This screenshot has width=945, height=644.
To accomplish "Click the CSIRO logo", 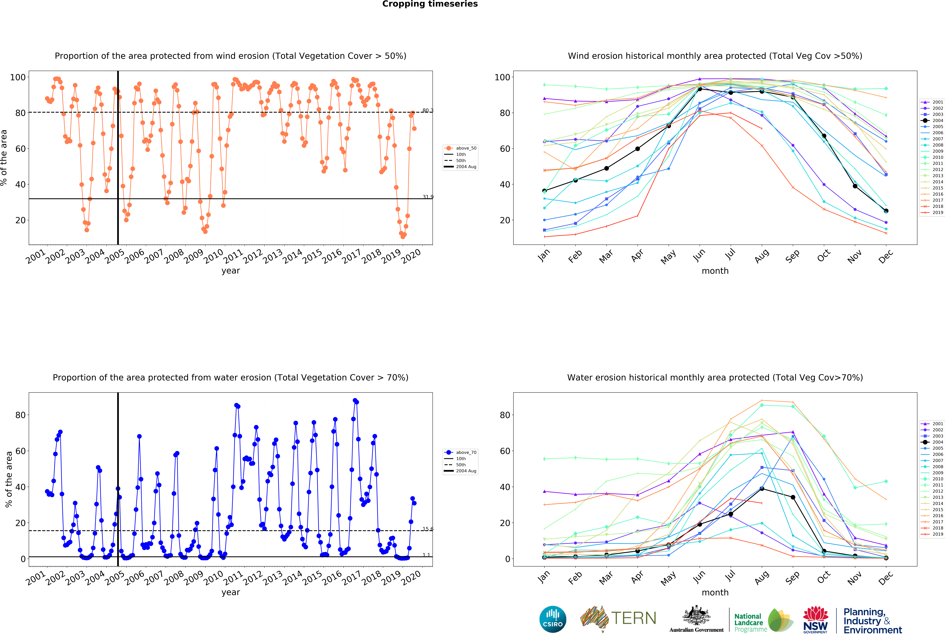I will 553,619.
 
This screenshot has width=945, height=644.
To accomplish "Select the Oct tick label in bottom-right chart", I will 823,577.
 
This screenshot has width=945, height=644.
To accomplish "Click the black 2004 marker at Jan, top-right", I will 544,191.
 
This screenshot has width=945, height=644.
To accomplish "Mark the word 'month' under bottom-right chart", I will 715,592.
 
